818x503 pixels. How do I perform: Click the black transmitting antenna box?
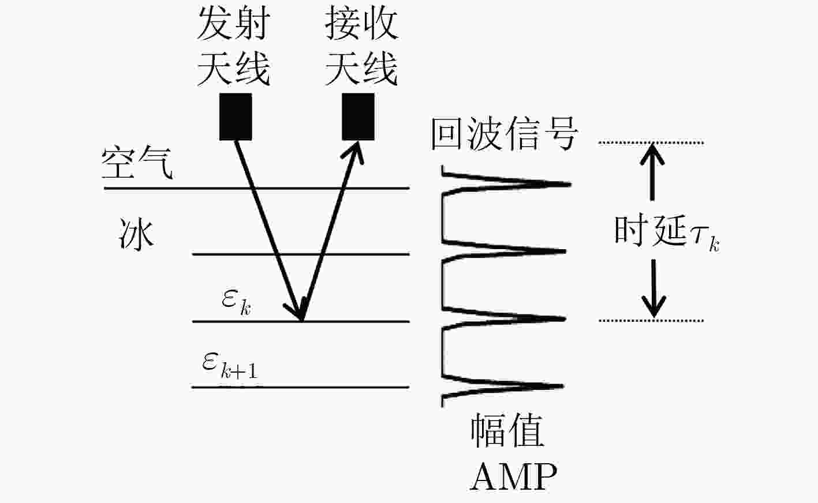click(x=236, y=117)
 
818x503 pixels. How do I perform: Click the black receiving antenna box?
click(x=358, y=117)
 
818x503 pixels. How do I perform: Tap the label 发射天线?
click(x=234, y=46)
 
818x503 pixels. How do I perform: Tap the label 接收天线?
click(x=361, y=46)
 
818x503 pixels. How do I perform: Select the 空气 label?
click(x=137, y=163)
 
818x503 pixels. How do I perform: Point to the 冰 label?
click(x=136, y=234)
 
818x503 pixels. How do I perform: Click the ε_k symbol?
click(x=236, y=302)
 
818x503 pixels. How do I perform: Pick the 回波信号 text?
click(x=505, y=134)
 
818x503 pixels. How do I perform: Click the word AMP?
click(x=514, y=476)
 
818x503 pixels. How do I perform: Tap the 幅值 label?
click(x=507, y=431)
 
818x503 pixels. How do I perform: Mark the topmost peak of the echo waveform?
click(x=570, y=185)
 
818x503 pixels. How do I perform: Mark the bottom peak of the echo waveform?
click(x=563, y=386)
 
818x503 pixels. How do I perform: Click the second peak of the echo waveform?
click(x=565, y=251)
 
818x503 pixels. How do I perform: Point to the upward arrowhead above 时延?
click(x=652, y=153)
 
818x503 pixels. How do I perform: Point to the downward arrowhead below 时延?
click(x=653, y=307)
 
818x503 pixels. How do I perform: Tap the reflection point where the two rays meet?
click(x=302, y=321)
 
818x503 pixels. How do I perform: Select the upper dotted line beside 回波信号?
click(x=651, y=142)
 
